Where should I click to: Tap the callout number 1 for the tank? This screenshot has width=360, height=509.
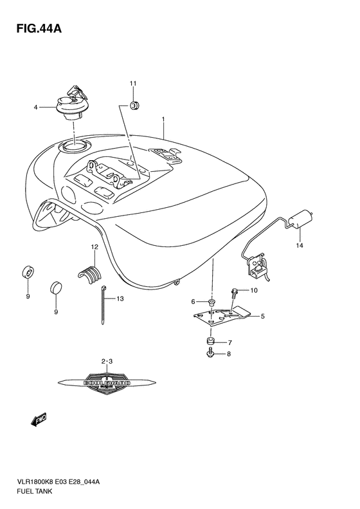click(164, 120)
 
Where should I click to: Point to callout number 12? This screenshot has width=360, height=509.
click(94, 247)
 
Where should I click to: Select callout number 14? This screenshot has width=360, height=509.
click(299, 245)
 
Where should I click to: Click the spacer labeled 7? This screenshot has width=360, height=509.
click(210, 341)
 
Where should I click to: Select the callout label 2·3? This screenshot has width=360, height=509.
click(107, 363)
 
